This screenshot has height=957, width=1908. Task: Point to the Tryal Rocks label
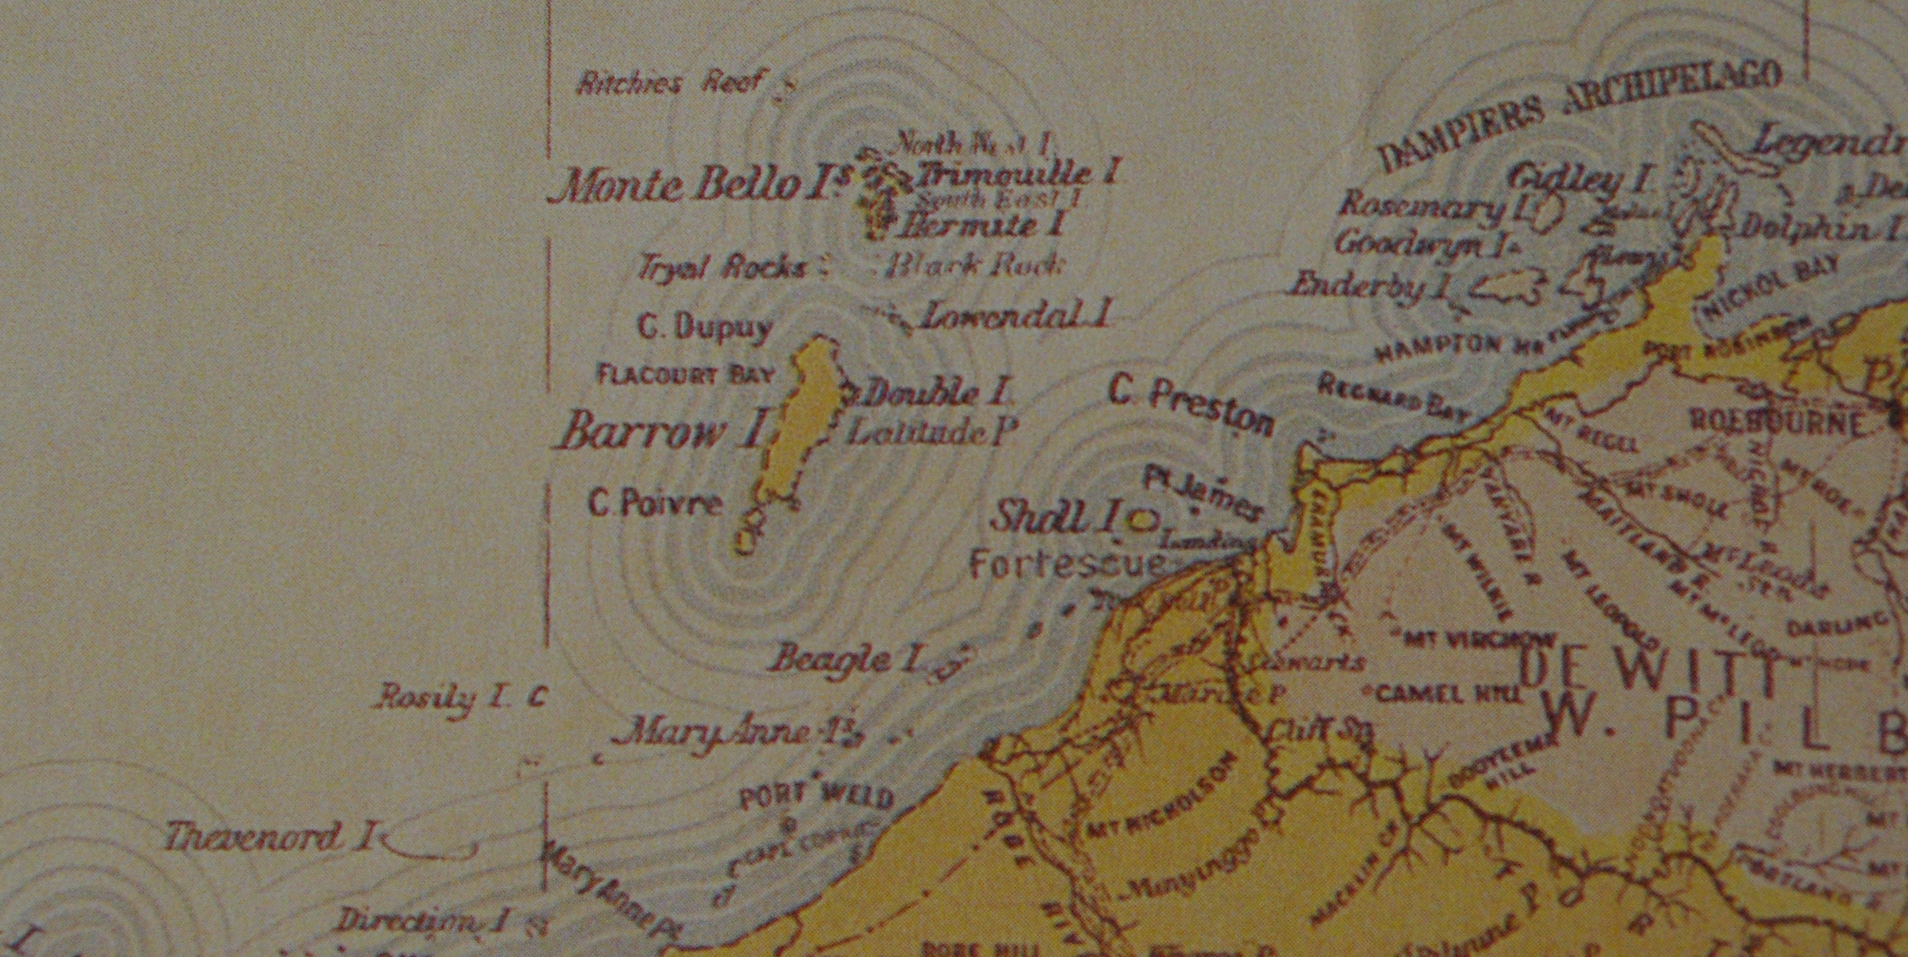[722, 267]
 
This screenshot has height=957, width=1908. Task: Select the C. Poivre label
[655, 504]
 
